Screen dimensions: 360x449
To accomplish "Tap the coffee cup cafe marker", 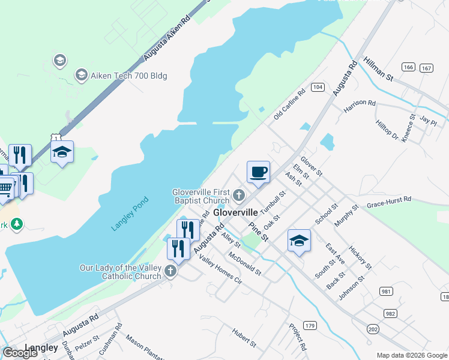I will [258, 172].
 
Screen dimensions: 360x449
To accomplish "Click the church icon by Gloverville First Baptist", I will [239, 194].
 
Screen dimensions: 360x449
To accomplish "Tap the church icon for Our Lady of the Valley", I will [170, 271].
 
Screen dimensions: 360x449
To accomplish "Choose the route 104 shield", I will [318, 88].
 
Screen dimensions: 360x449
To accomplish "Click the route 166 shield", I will [409, 67].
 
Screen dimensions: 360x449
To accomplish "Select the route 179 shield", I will [310, 325].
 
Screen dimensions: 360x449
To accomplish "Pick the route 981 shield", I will [386, 291].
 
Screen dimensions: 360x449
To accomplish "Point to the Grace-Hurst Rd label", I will [389, 201].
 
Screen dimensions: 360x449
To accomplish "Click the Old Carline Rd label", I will [289, 103].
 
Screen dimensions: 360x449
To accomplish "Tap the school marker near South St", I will [299, 241].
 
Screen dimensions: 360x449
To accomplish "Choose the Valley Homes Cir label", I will [220, 271].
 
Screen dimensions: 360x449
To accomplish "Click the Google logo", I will [20, 353].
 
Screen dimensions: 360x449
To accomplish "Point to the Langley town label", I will [41, 347].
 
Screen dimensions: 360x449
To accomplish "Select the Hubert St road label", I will [244, 337].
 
